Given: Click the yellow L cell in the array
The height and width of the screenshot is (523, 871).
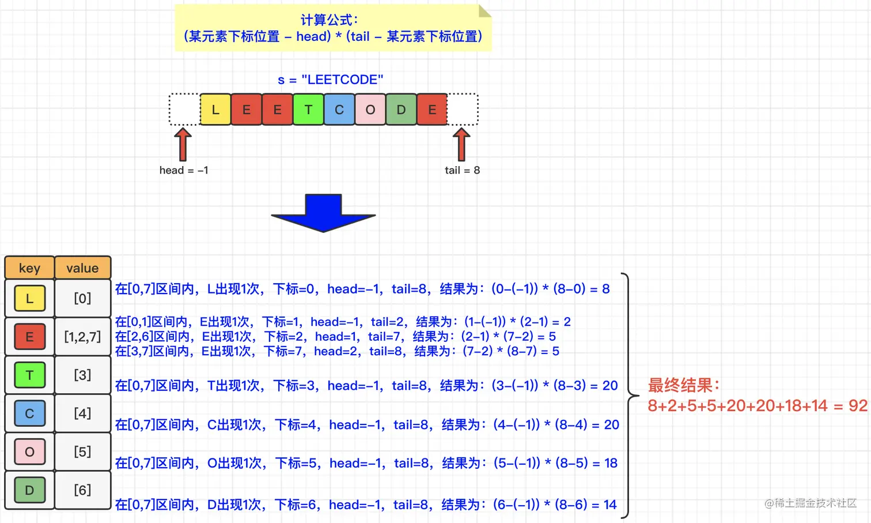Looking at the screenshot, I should (215, 110).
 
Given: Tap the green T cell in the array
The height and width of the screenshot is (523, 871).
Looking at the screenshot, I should (308, 110).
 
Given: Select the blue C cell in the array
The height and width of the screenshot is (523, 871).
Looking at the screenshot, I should (339, 110).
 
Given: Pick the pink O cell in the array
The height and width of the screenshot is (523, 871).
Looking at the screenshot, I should (370, 110).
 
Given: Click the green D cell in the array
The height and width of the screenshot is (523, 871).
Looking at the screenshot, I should (402, 110).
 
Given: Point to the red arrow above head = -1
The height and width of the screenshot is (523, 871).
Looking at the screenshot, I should (183, 144).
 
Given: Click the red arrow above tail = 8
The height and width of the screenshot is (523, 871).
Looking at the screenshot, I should (461, 144).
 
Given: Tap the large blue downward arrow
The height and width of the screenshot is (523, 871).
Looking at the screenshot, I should (324, 213).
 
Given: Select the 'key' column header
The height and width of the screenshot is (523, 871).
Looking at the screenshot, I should (29, 268).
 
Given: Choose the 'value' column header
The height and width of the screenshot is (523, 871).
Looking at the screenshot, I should (82, 268).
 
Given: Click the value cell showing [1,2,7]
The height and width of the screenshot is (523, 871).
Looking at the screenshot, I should (82, 337).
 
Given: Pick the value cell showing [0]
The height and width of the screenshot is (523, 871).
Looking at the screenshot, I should (82, 298).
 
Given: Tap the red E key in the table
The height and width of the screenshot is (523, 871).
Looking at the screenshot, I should (29, 337).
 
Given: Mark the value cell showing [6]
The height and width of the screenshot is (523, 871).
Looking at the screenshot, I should (82, 490).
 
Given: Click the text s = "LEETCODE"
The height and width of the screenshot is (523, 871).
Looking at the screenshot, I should (330, 80).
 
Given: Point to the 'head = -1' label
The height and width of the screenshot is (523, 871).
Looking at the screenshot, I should (184, 170).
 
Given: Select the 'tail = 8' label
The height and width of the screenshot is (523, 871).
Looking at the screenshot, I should (462, 170).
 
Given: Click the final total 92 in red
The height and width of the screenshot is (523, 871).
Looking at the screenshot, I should (858, 406).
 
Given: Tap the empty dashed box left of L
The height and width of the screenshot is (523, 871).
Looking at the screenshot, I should (184, 110).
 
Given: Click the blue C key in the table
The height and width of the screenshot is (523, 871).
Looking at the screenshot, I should (29, 413).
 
